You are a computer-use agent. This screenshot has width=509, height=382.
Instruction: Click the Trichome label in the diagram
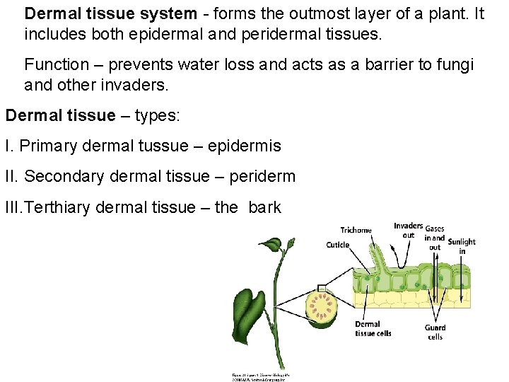[356, 230]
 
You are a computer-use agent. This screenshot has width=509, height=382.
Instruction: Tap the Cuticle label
[338, 245]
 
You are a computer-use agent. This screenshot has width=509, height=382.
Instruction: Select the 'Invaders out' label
[408, 231]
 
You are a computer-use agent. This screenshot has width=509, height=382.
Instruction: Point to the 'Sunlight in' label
[462, 246]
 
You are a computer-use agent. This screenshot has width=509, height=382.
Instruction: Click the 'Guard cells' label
[435, 332]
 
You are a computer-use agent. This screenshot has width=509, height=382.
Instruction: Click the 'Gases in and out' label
[435, 238]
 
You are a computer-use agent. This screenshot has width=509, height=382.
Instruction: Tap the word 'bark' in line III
[264, 207]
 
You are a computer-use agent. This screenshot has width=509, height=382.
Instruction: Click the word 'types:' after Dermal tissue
[155, 115]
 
